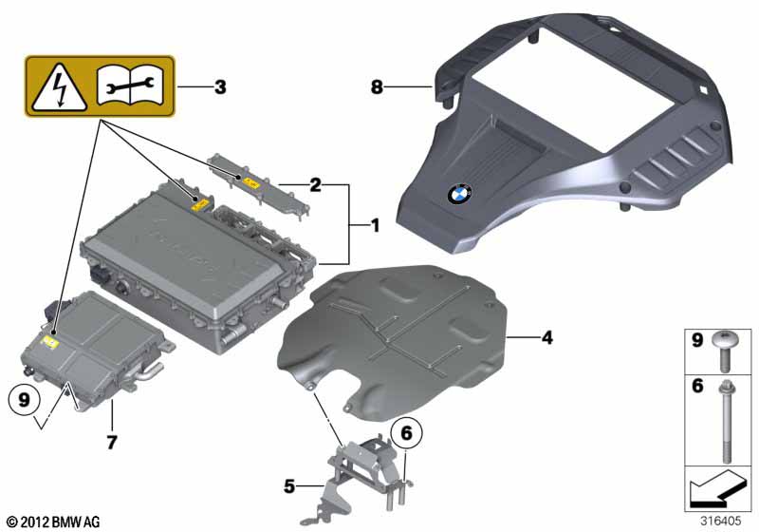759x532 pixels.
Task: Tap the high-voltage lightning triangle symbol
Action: (x=60, y=87)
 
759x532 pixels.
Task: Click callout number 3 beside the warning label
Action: (x=220, y=87)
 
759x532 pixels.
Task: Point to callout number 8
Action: (x=377, y=87)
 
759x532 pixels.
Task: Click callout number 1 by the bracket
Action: (x=375, y=225)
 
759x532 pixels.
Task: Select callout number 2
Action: (x=315, y=184)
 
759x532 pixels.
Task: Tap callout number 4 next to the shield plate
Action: (x=547, y=337)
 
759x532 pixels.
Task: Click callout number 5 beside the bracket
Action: (x=289, y=486)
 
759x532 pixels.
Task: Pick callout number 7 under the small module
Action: (x=112, y=443)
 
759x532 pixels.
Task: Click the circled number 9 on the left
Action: (x=23, y=400)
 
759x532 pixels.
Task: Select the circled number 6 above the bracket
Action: (x=406, y=432)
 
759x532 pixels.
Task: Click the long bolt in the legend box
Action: (x=726, y=421)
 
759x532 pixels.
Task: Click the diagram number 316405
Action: (x=721, y=521)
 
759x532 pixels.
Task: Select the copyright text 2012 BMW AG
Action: (x=54, y=522)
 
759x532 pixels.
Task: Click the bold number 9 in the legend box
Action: (x=697, y=340)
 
